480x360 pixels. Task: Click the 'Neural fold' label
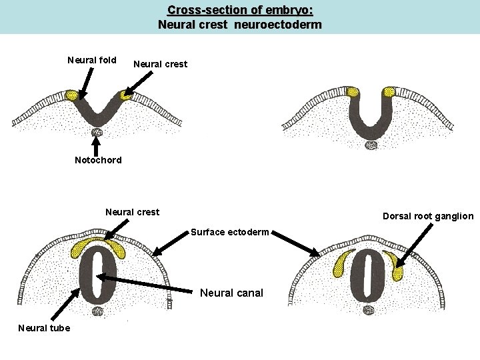pyautogui.click(x=92, y=61)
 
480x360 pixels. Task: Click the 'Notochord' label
pyautogui.click(x=98, y=160)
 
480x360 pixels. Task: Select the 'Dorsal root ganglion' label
pyautogui.click(x=428, y=216)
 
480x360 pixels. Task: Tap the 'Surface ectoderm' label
pyautogui.click(x=229, y=232)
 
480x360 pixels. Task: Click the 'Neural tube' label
pyautogui.click(x=44, y=327)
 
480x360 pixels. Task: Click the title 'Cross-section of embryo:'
pyautogui.click(x=239, y=11)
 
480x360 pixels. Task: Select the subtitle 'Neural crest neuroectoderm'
pyautogui.click(x=239, y=25)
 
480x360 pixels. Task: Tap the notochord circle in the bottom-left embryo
pyautogui.click(x=98, y=311)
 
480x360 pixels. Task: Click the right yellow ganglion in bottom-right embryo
pyautogui.click(x=399, y=272)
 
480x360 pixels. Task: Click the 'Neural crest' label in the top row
pyautogui.click(x=160, y=65)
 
